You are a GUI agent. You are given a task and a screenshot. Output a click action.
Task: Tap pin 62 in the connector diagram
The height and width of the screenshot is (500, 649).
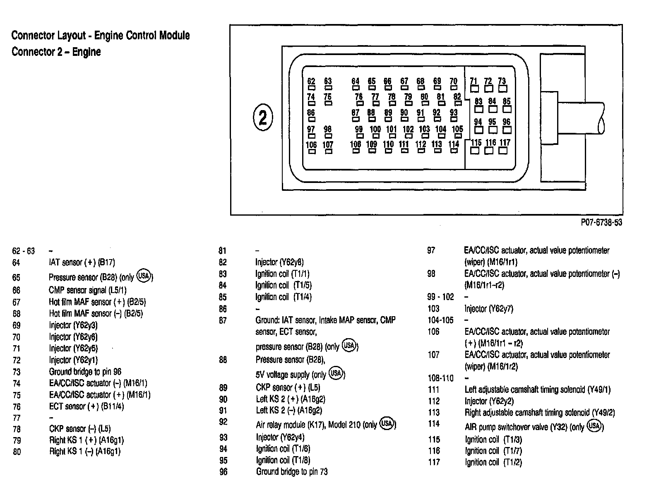tap(311, 84)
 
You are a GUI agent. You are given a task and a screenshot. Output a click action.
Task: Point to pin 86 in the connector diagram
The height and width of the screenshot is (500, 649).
tap(311, 115)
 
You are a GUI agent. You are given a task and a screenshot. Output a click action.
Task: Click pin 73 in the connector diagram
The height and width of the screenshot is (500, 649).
tap(502, 84)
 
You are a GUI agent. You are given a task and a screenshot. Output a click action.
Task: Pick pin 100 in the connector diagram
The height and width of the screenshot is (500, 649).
tap(375, 132)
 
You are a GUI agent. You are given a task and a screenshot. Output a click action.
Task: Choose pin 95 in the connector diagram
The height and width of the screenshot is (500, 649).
tap(492, 126)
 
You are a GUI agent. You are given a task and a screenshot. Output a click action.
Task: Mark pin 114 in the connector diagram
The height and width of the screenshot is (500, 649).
tap(454, 147)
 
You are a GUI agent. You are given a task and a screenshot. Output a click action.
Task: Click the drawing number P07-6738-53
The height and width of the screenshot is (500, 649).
tap(601, 223)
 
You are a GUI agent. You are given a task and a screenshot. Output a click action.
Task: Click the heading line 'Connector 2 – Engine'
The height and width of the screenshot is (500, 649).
tap(56, 52)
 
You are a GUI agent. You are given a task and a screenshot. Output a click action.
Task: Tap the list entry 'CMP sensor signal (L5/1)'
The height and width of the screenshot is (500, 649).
tap(88, 290)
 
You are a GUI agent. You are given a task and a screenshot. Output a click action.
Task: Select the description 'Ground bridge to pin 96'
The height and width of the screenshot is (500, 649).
tap(85, 372)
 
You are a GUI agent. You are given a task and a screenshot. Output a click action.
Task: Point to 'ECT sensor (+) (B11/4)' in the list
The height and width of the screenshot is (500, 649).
tap(87, 406)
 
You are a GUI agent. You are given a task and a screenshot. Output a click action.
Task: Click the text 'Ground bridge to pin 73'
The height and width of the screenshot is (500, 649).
tap(292, 471)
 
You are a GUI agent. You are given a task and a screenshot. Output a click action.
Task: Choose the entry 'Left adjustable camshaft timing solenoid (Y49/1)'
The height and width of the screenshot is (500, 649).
tap(537, 389)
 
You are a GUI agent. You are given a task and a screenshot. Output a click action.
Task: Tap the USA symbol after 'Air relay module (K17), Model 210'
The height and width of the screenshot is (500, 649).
tap(387, 423)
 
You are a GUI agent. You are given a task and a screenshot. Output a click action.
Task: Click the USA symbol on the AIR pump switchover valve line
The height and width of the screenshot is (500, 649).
tap(594, 426)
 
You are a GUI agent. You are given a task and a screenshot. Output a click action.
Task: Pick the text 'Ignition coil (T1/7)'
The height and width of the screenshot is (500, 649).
tap(493, 451)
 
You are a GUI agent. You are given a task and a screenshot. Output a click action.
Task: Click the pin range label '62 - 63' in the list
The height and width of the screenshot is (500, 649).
tap(24, 251)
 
